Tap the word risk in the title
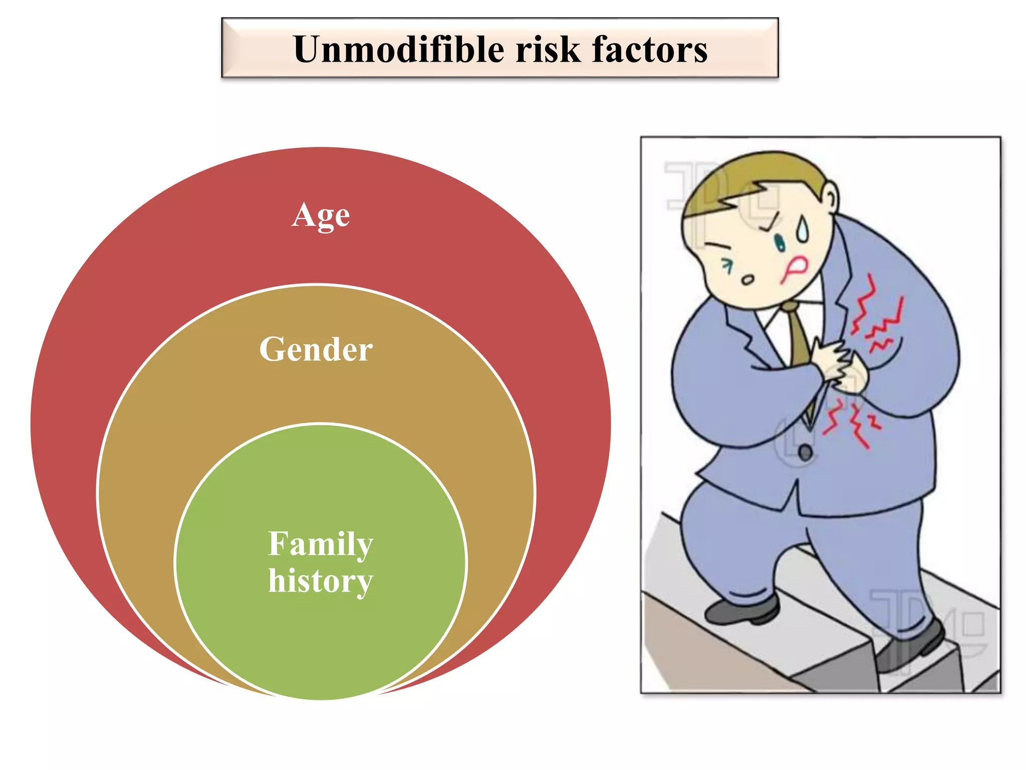tap(548, 50)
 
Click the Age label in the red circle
tap(321, 216)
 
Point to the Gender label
tap(316, 349)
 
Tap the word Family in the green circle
tap(321, 544)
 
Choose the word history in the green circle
tap(321, 582)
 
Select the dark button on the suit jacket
tap(805, 453)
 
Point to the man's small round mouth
tap(747, 280)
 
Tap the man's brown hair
tap(751, 180)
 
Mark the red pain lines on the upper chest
tap(877, 316)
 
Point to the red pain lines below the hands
tap(852, 421)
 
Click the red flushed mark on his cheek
tap(794, 268)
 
